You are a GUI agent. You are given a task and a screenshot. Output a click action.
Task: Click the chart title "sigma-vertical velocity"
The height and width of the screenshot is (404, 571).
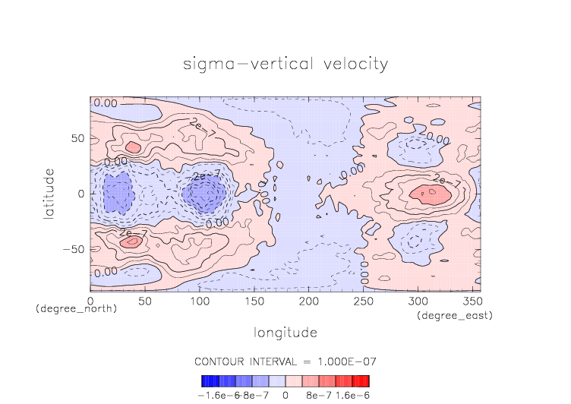coord(285,64)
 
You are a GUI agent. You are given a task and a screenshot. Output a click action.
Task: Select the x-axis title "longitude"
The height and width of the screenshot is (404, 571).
coord(285,333)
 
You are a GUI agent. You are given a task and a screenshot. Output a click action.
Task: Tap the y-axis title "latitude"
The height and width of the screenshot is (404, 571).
coord(49,194)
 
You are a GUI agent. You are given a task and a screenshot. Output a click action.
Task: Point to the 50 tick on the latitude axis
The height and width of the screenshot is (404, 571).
coord(77,139)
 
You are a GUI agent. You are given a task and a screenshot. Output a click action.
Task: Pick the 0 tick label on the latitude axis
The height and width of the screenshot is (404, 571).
coord(82,194)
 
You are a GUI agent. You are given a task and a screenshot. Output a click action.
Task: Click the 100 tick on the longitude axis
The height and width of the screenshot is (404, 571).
coord(199,301)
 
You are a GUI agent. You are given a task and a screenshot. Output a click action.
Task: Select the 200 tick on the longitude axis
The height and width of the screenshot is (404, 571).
coord(308,301)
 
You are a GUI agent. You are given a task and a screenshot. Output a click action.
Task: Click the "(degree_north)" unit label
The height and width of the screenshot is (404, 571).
coord(76,310)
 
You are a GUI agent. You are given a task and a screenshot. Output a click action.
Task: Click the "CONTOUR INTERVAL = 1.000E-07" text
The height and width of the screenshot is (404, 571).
coord(285,361)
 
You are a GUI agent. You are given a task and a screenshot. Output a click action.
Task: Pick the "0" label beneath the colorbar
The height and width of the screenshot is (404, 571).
coord(285,396)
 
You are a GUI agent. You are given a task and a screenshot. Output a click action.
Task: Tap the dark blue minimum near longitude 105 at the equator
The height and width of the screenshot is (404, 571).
coord(203,194)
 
